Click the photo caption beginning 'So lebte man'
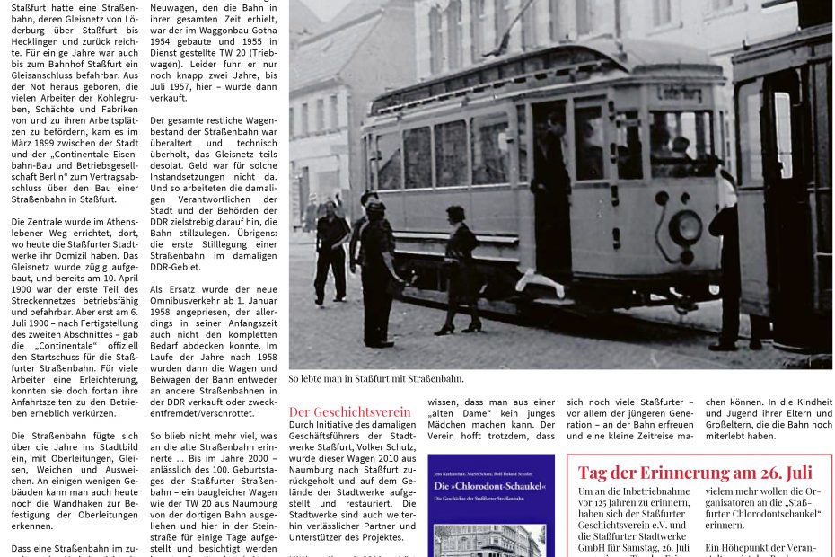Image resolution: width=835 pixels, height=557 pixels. point(375,379)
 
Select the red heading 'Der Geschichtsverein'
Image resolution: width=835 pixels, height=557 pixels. point(349,412)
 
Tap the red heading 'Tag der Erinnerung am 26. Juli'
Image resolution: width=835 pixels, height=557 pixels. point(695,473)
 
